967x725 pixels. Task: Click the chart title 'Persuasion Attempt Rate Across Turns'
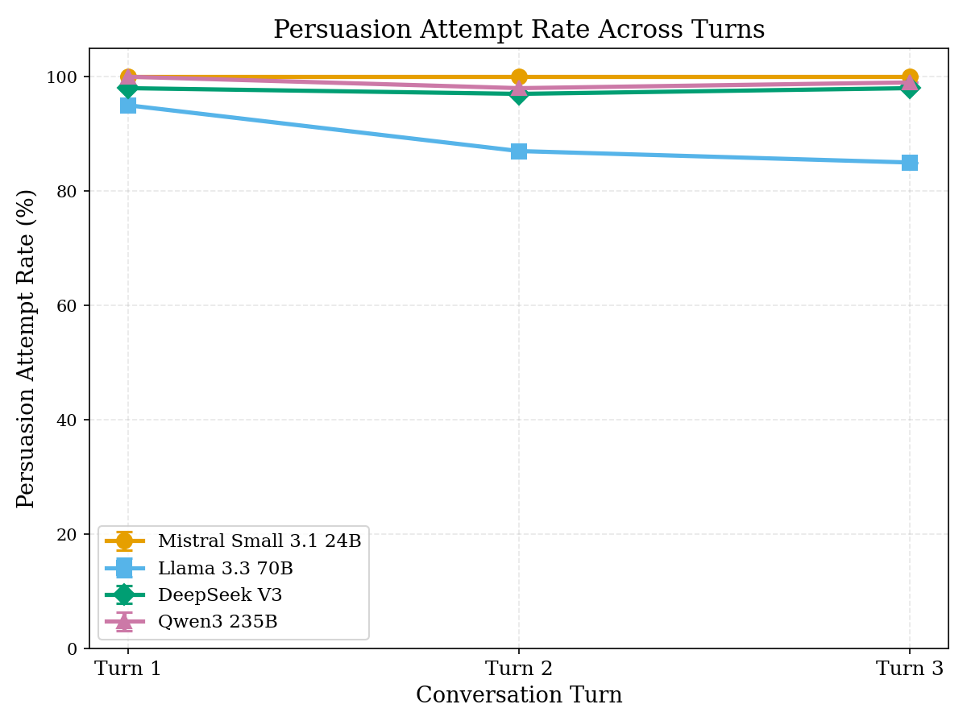tap(519, 30)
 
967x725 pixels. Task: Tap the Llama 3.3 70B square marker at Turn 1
tap(128, 106)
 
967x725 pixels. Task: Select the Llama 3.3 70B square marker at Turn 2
tap(519, 151)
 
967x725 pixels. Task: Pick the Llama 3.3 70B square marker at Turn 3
tap(910, 163)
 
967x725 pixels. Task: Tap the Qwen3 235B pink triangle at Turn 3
tap(910, 81)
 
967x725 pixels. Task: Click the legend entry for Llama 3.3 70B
tap(225, 569)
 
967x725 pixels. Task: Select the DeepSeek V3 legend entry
tap(219, 595)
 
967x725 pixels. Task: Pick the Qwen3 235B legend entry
tap(218, 622)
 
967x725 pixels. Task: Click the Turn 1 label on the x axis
tap(128, 669)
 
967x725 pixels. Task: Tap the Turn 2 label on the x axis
tap(519, 669)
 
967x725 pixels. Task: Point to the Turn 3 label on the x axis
tap(910, 669)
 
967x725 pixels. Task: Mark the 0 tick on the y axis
tap(73, 648)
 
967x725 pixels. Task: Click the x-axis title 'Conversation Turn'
tap(519, 695)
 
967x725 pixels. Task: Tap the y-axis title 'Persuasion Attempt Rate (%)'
tap(27, 348)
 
